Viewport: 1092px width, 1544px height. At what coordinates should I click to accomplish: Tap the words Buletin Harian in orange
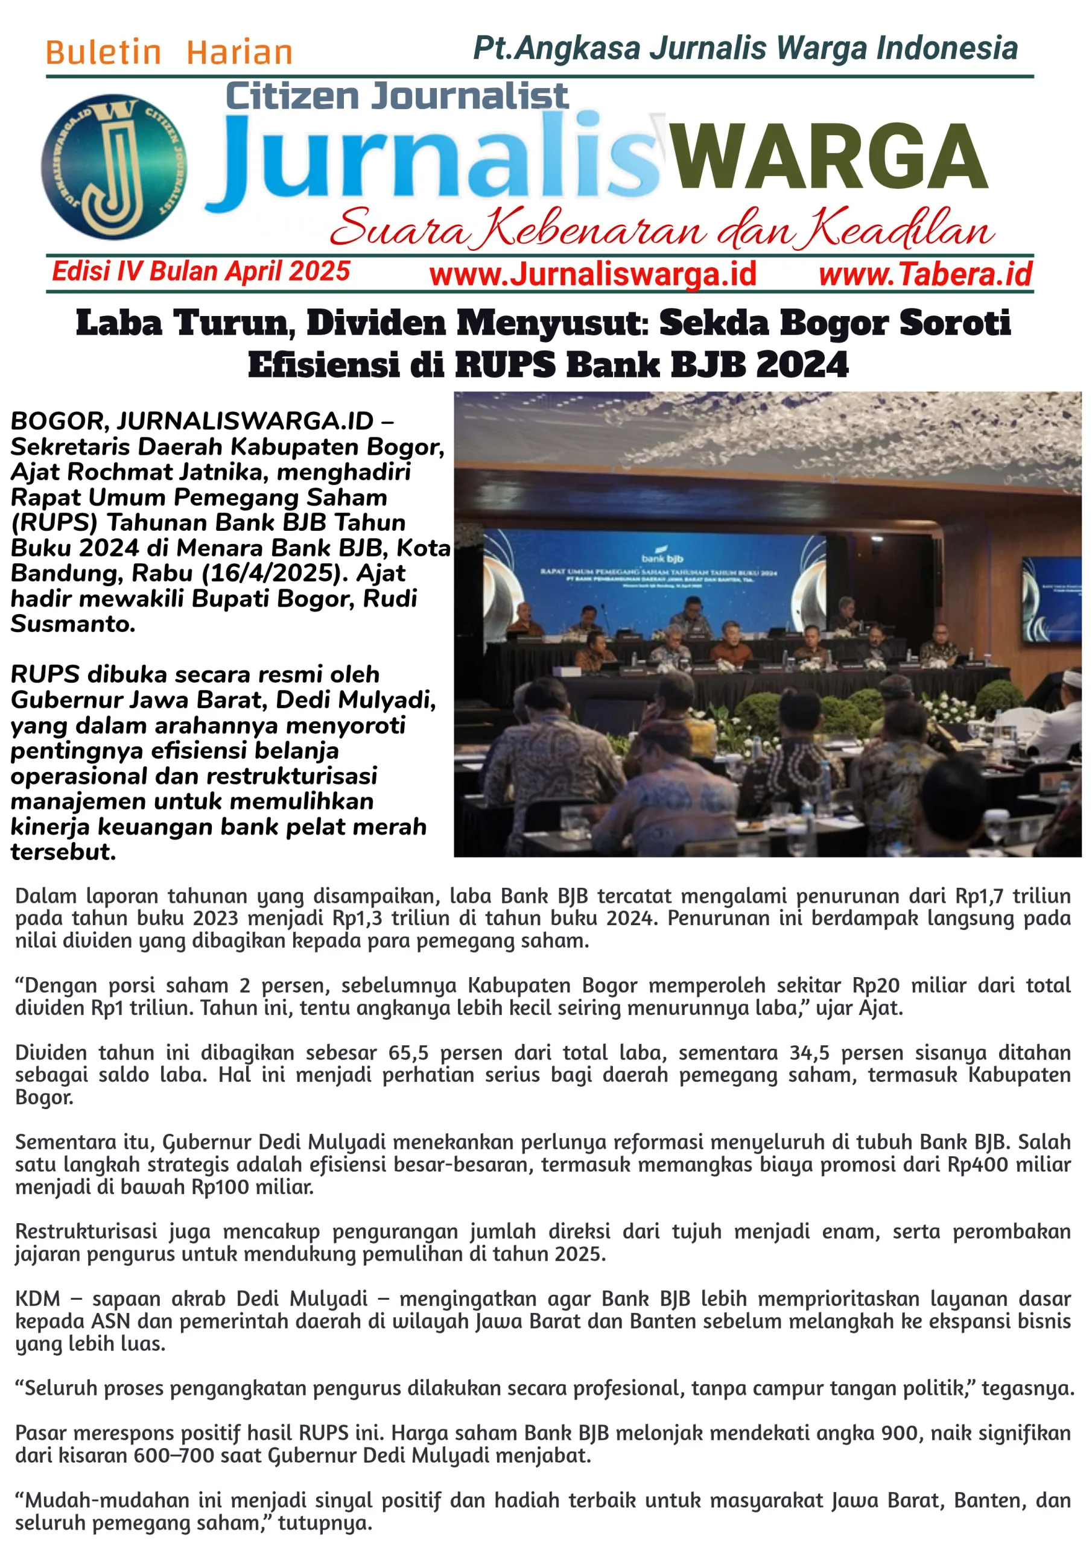click(x=169, y=52)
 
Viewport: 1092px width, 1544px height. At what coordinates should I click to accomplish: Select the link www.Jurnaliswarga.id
click(x=593, y=274)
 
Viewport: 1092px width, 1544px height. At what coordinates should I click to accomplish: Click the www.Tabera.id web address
click(x=925, y=274)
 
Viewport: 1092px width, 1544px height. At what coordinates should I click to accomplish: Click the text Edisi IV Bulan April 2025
click(x=201, y=271)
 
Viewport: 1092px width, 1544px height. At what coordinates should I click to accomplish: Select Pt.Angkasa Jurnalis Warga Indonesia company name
click(x=745, y=48)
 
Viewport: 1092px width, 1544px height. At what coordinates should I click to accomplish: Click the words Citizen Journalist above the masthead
click(x=397, y=95)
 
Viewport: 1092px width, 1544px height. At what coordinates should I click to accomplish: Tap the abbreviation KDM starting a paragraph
click(x=37, y=1299)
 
